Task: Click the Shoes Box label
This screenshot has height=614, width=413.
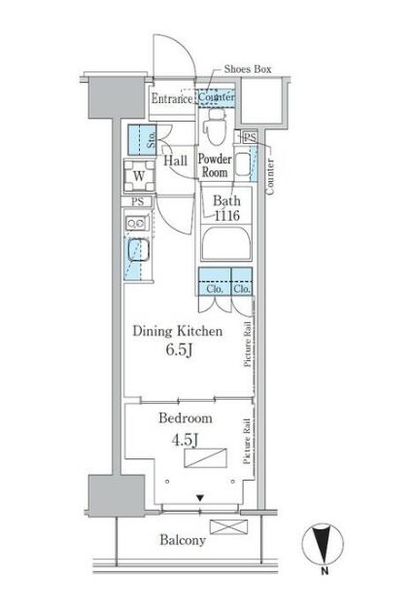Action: click(x=248, y=69)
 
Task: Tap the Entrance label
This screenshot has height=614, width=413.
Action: click(x=172, y=98)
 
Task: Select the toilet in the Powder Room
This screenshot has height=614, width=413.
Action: click(x=215, y=126)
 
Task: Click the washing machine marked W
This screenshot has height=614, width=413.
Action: click(x=139, y=176)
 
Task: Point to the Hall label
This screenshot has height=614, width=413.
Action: click(x=175, y=161)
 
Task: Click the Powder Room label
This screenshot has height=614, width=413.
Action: click(x=215, y=165)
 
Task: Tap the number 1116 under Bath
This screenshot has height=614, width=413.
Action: click(x=226, y=215)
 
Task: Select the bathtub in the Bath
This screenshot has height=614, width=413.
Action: click(x=226, y=243)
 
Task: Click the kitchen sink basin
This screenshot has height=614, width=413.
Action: click(x=138, y=250)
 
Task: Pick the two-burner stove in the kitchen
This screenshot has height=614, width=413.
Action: click(x=137, y=223)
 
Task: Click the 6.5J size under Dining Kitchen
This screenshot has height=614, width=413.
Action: click(x=179, y=349)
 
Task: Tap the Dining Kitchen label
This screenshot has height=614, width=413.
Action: click(x=178, y=331)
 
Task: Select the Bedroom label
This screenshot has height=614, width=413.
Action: click(x=186, y=417)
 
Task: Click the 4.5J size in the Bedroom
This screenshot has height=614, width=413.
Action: click(x=185, y=440)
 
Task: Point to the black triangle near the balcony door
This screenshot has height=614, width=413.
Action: click(x=200, y=498)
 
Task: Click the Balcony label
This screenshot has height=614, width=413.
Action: click(x=183, y=540)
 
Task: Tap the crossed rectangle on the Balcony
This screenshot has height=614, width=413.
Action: click(x=228, y=526)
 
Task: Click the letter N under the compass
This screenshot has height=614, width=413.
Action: click(x=325, y=571)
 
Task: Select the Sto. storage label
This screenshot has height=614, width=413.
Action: click(x=152, y=140)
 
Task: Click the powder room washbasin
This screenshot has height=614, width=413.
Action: click(x=243, y=164)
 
